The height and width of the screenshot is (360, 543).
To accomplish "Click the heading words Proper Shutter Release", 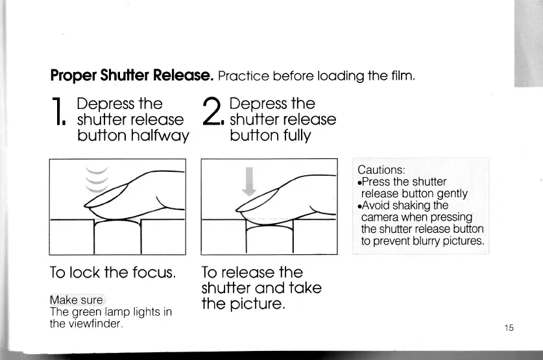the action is pos(132,77).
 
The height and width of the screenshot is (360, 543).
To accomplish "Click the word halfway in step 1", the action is pos(160,136).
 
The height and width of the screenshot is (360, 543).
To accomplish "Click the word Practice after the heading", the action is pos(247,77).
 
